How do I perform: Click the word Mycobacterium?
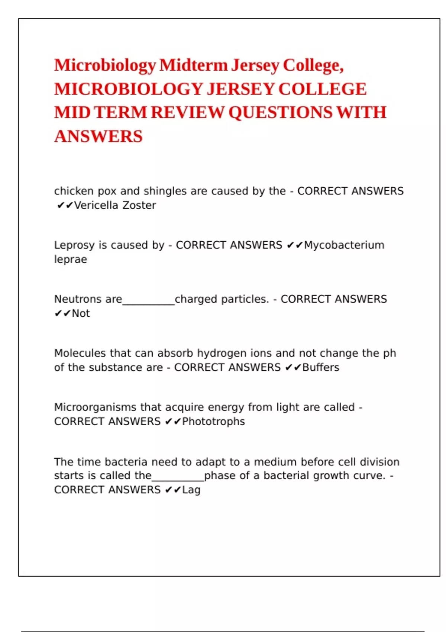point(344,245)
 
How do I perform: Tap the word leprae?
point(71,259)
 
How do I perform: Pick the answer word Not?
point(81,313)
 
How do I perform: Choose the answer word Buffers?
point(320,367)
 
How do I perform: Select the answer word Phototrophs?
point(213,422)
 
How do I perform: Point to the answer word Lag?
point(191,490)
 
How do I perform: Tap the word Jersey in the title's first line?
point(255,65)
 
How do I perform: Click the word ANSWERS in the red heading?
point(98,136)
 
